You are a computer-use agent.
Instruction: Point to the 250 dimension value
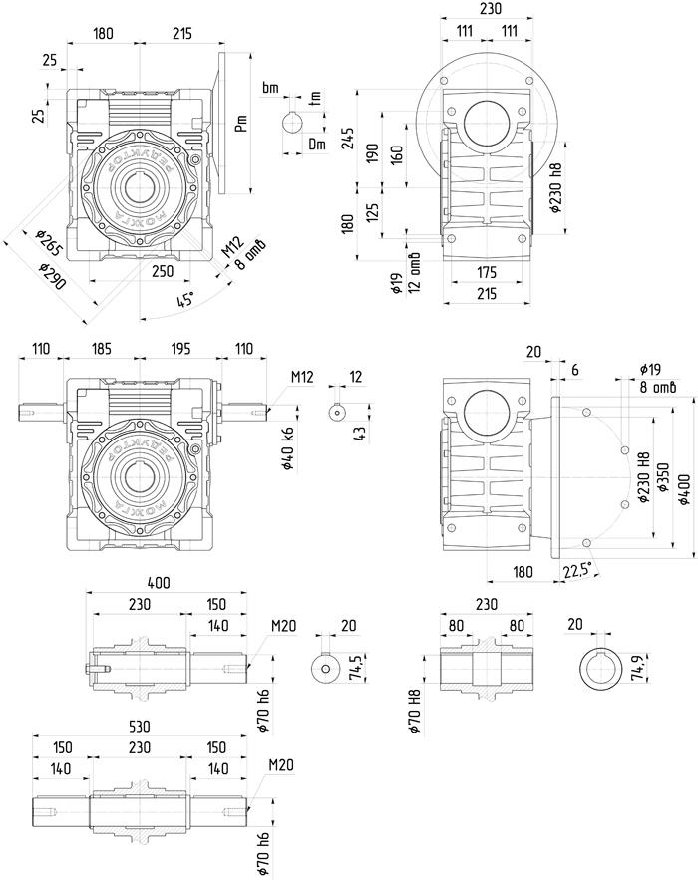click(163, 270)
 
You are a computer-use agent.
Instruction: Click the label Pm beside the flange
click(240, 124)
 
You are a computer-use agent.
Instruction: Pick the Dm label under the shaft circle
click(316, 145)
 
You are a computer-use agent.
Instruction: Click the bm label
click(270, 88)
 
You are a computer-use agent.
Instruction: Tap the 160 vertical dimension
click(399, 154)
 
